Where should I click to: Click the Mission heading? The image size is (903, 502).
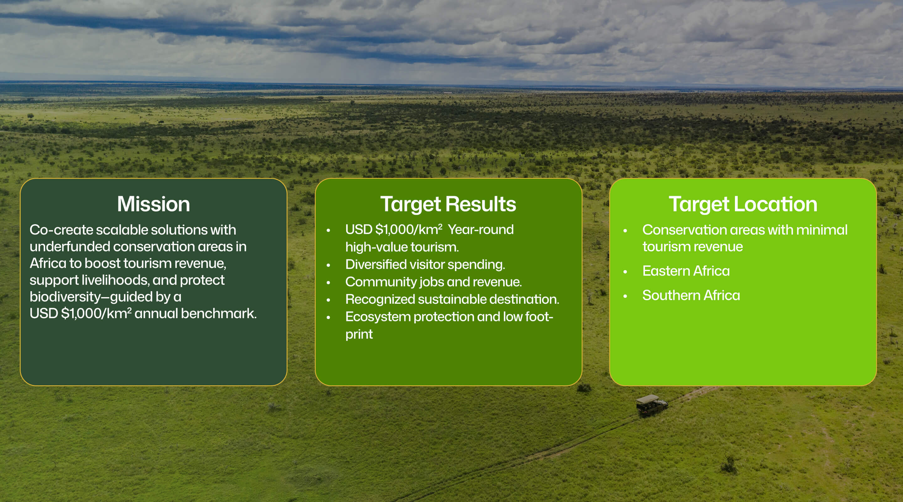154,204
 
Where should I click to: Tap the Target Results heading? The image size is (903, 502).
448,205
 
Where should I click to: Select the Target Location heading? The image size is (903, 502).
743,205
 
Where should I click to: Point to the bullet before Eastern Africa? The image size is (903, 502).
625,271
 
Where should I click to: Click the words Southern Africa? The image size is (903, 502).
691,295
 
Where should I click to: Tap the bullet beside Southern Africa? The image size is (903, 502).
625,296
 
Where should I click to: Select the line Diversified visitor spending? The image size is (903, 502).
425,264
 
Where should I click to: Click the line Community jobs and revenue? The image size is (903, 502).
434,282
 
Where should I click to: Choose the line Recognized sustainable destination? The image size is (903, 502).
452,299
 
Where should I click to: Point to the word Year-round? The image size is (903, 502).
481,230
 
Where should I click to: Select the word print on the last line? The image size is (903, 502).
359,335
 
